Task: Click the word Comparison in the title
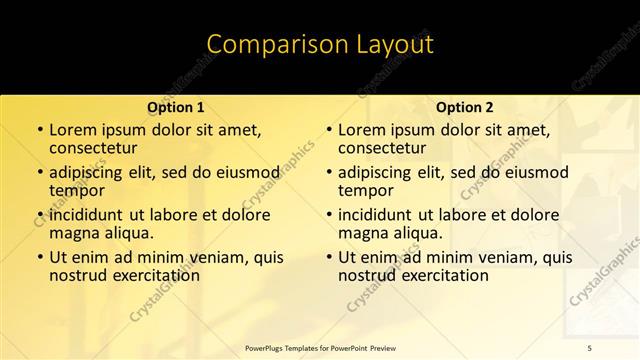coord(268,44)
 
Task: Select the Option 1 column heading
coord(176,107)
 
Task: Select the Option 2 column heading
coord(464,107)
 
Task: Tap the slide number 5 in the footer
coord(589,347)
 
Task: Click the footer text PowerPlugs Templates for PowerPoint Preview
coord(322,347)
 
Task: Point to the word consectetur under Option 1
coord(95,148)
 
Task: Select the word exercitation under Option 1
coord(151,275)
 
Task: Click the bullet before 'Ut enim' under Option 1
coord(39,257)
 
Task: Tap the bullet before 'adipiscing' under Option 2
coord(328,173)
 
